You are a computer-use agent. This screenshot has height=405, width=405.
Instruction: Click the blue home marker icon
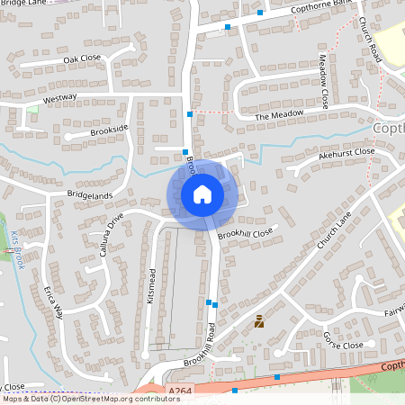point(202,193)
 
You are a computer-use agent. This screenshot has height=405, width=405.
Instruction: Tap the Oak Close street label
point(83,59)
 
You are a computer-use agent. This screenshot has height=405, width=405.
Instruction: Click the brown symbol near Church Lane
point(259,320)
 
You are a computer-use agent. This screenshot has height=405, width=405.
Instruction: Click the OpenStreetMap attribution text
point(90,399)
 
